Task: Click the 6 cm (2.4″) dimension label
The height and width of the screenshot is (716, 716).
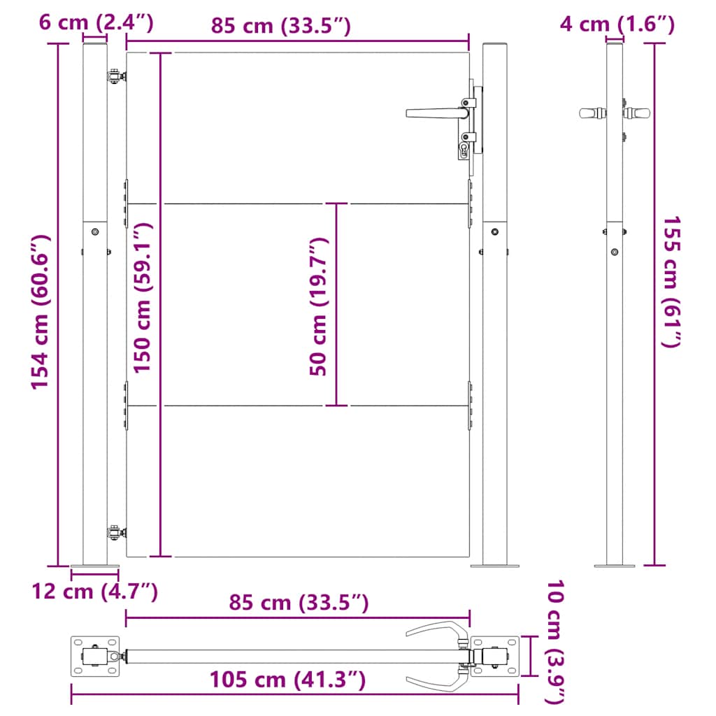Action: [x=96, y=22]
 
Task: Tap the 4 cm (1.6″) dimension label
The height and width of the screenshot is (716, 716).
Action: [x=617, y=24]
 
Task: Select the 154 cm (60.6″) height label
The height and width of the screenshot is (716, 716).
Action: [x=40, y=312]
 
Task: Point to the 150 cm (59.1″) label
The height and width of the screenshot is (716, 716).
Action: [x=143, y=298]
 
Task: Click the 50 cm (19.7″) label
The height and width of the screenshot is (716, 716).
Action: [x=319, y=306]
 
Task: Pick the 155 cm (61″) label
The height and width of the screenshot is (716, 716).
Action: [x=672, y=281]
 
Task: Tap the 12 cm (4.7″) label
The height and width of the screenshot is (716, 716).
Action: [x=94, y=592]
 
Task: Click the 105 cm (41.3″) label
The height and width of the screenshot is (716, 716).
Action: [x=287, y=680]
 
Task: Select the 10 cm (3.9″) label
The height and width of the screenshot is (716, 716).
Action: [x=556, y=642]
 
